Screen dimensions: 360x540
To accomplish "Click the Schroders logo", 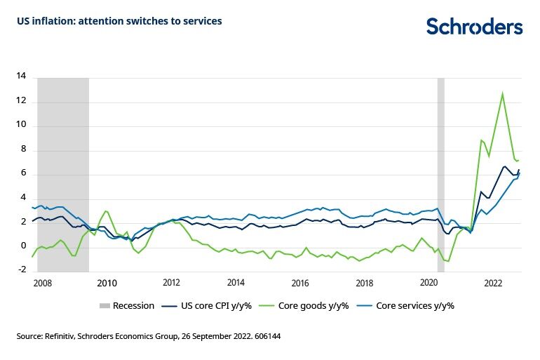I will click(x=474, y=27).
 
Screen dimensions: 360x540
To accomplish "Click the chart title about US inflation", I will click(x=119, y=21).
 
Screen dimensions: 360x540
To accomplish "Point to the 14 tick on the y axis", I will click(x=21, y=77).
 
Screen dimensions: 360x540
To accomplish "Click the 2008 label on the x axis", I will click(x=42, y=284).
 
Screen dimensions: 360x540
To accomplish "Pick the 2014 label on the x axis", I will click(x=236, y=284).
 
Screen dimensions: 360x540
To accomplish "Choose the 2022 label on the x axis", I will click(x=494, y=284).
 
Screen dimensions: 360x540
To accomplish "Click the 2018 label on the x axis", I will click(x=365, y=284).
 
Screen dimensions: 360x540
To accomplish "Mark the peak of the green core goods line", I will click(x=502, y=93).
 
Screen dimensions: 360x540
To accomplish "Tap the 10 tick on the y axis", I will click(x=21, y=126).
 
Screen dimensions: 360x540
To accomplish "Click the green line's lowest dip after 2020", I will click(x=449, y=261).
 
